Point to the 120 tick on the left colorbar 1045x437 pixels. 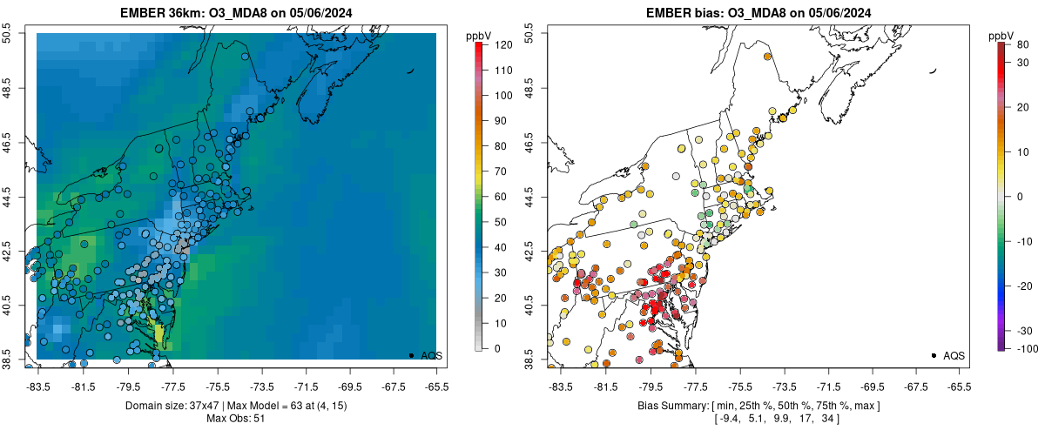pos(496,44)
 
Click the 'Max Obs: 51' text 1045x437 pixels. pos(237,419)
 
